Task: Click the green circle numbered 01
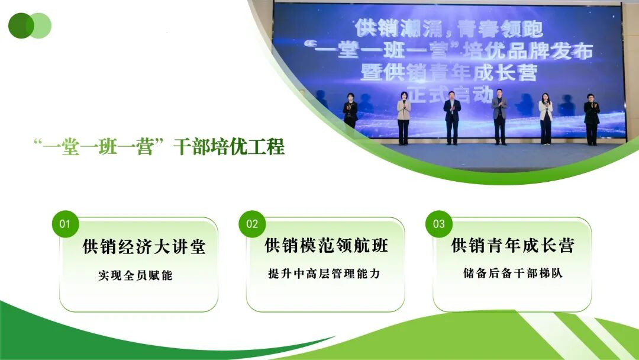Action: point(65,224)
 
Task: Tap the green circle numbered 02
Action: point(252,224)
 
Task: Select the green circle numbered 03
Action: point(439,224)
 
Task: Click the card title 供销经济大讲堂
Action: point(144,247)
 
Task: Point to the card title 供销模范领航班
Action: point(327,245)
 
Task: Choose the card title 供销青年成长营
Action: point(513,245)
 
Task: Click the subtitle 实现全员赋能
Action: point(135,275)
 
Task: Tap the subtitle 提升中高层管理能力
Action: point(323,274)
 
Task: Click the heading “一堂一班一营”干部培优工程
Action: point(159,147)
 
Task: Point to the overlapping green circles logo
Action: point(30,25)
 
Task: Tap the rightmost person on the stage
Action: point(592,120)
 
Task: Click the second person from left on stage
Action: point(404,120)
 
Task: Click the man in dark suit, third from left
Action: point(452,120)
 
